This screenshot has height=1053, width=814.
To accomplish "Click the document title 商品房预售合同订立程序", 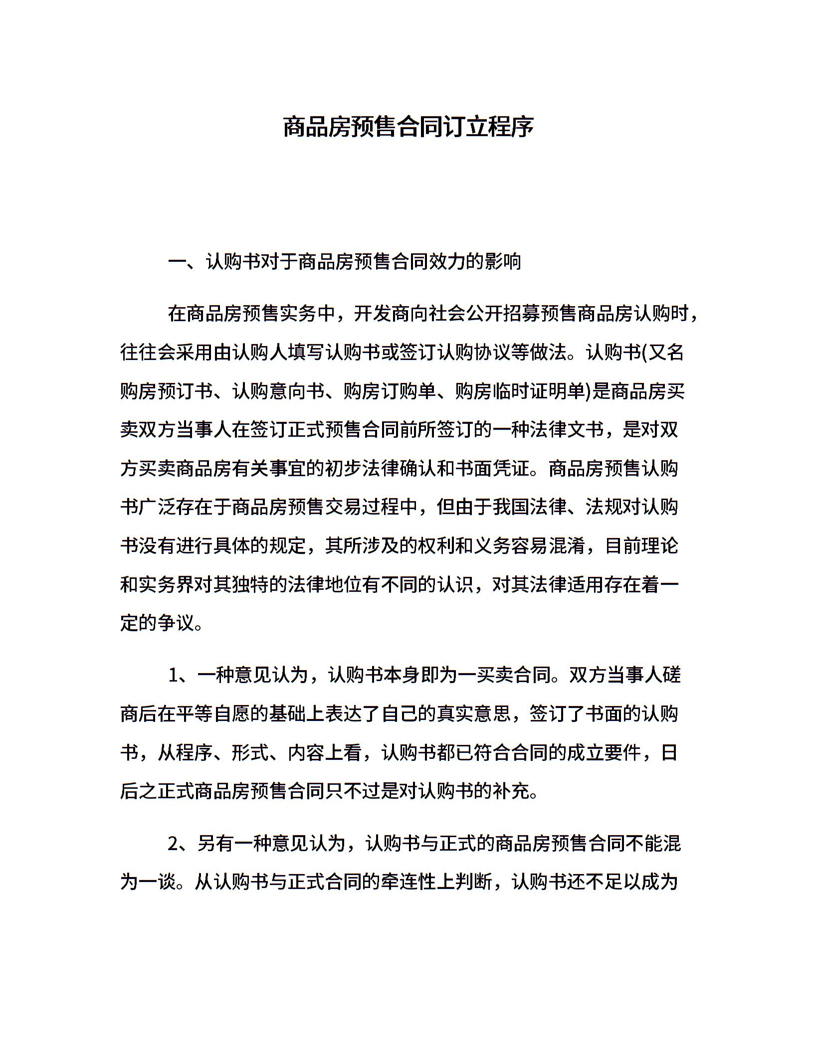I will pyautogui.click(x=408, y=127).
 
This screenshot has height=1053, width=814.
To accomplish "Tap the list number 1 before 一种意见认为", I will pyautogui.click(x=173, y=676).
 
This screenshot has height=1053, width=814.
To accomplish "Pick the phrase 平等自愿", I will pyautogui.click(x=213, y=714).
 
